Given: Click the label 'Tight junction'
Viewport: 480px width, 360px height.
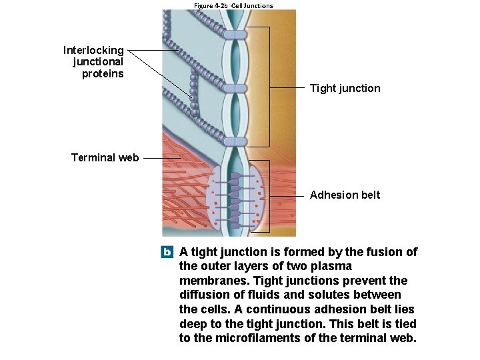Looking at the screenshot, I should [x=345, y=88].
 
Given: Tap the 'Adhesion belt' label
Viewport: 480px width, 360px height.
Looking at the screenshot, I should [x=345, y=195].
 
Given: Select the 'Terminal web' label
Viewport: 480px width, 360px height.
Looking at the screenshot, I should [x=105, y=158].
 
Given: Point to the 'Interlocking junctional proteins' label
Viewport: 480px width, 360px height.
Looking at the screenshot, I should [x=94, y=62].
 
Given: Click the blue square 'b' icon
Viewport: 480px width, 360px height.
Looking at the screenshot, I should [x=167, y=252].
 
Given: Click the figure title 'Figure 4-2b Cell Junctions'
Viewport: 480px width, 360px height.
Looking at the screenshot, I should [x=233, y=5].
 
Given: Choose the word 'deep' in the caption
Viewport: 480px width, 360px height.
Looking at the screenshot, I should [x=193, y=324].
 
